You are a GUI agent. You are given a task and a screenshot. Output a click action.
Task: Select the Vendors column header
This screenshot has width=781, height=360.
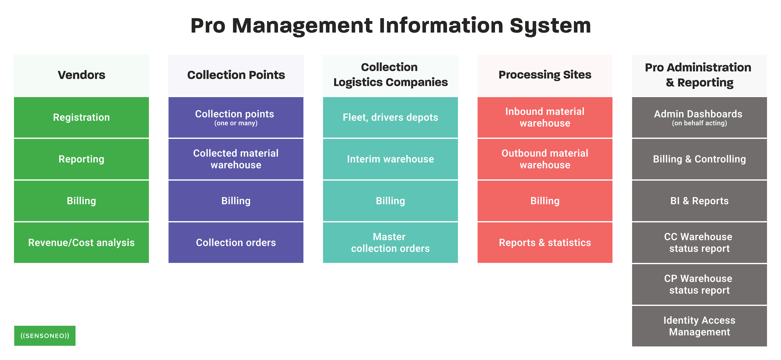click(81, 75)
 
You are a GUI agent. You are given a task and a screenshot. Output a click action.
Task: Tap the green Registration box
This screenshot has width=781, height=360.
click(81, 117)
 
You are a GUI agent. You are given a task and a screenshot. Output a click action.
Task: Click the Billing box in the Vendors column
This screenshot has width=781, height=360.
click(81, 201)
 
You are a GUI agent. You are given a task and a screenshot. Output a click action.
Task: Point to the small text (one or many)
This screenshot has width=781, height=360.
click(236, 123)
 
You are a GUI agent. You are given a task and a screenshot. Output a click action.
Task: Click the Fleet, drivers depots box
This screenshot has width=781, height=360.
click(390, 117)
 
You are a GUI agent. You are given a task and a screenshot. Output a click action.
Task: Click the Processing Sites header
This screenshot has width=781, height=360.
click(545, 75)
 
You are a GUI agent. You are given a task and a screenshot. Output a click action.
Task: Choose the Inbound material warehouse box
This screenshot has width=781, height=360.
click(545, 117)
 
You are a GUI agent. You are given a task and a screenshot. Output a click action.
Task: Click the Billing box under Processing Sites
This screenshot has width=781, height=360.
click(545, 201)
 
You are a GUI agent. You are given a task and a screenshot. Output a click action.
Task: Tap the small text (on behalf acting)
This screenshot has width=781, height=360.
click(699, 123)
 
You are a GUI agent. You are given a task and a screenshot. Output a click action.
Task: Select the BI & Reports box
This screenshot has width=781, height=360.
click(699, 201)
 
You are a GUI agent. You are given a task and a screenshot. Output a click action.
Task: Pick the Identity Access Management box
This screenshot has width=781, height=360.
click(699, 326)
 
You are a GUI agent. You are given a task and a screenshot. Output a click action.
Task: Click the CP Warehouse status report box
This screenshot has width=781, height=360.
click(699, 284)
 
